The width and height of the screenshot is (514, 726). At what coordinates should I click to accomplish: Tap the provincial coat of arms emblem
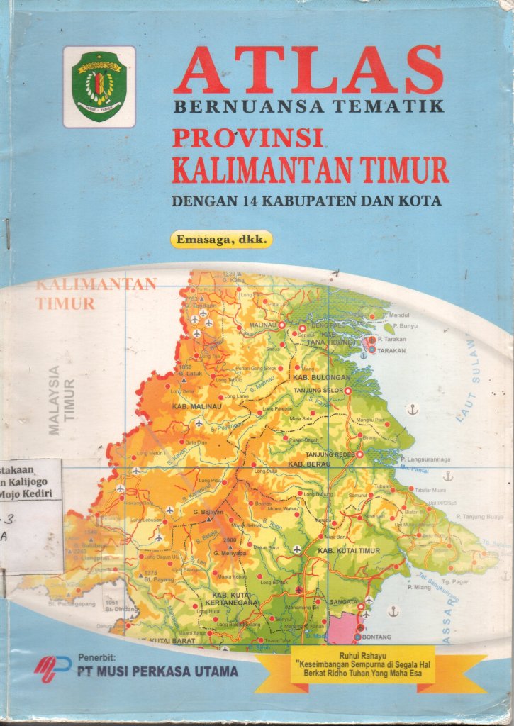(x=99, y=86)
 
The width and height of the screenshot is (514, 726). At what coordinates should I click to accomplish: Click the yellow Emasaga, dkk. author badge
(x=220, y=240)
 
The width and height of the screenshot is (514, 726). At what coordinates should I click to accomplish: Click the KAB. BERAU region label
(x=325, y=464)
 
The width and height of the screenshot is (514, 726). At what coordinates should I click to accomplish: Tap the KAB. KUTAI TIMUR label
(x=345, y=551)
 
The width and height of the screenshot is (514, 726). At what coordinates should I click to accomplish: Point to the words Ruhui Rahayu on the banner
(x=366, y=655)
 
